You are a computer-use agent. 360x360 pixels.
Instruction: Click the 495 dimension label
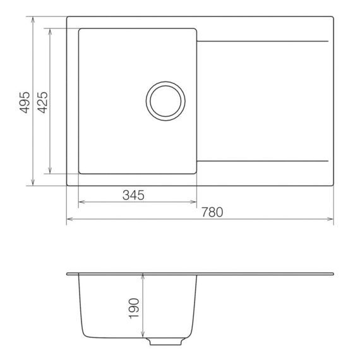pyautogui.click(x=25, y=102)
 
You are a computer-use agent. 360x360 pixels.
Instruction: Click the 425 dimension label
pyautogui.click(x=42, y=102)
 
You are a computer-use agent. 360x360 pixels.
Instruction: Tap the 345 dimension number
pyautogui.click(x=133, y=195)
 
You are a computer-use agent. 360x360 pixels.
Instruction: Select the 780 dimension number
pyautogui.click(x=212, y=212)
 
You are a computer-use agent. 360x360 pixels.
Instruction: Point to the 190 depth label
pyautogui.click(x=134, y=308)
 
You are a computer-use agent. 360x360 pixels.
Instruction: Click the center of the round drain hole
pyautogui.click(x=165, y=101)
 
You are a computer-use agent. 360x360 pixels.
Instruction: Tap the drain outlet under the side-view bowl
pyautogui.click(x=165, y=341)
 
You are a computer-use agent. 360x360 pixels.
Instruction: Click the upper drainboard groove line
pyautogui.click(x=263, y=41)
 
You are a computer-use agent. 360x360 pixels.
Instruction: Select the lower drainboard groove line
pyautogui.click(x=263, y=161)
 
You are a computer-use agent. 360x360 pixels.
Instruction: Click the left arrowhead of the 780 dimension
pyautogui.click(x=69, y=219)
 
